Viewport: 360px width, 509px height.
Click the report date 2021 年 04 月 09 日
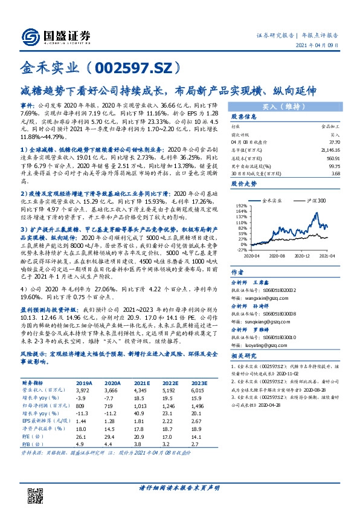(323, 45)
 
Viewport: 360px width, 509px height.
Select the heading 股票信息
(244, 116)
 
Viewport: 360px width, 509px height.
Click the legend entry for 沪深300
(315, 200)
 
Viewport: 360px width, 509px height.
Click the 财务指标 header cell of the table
(33, 400)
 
